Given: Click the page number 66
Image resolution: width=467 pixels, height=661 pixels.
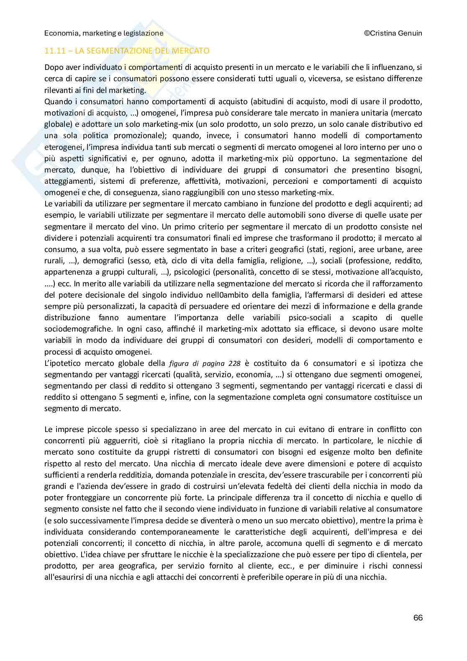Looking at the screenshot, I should [x=418, y=617].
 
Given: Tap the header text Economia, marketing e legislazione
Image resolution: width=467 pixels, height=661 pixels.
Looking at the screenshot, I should [x=104, y=33].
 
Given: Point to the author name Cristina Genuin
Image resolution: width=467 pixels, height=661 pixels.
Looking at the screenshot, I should [x=396, y=33].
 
